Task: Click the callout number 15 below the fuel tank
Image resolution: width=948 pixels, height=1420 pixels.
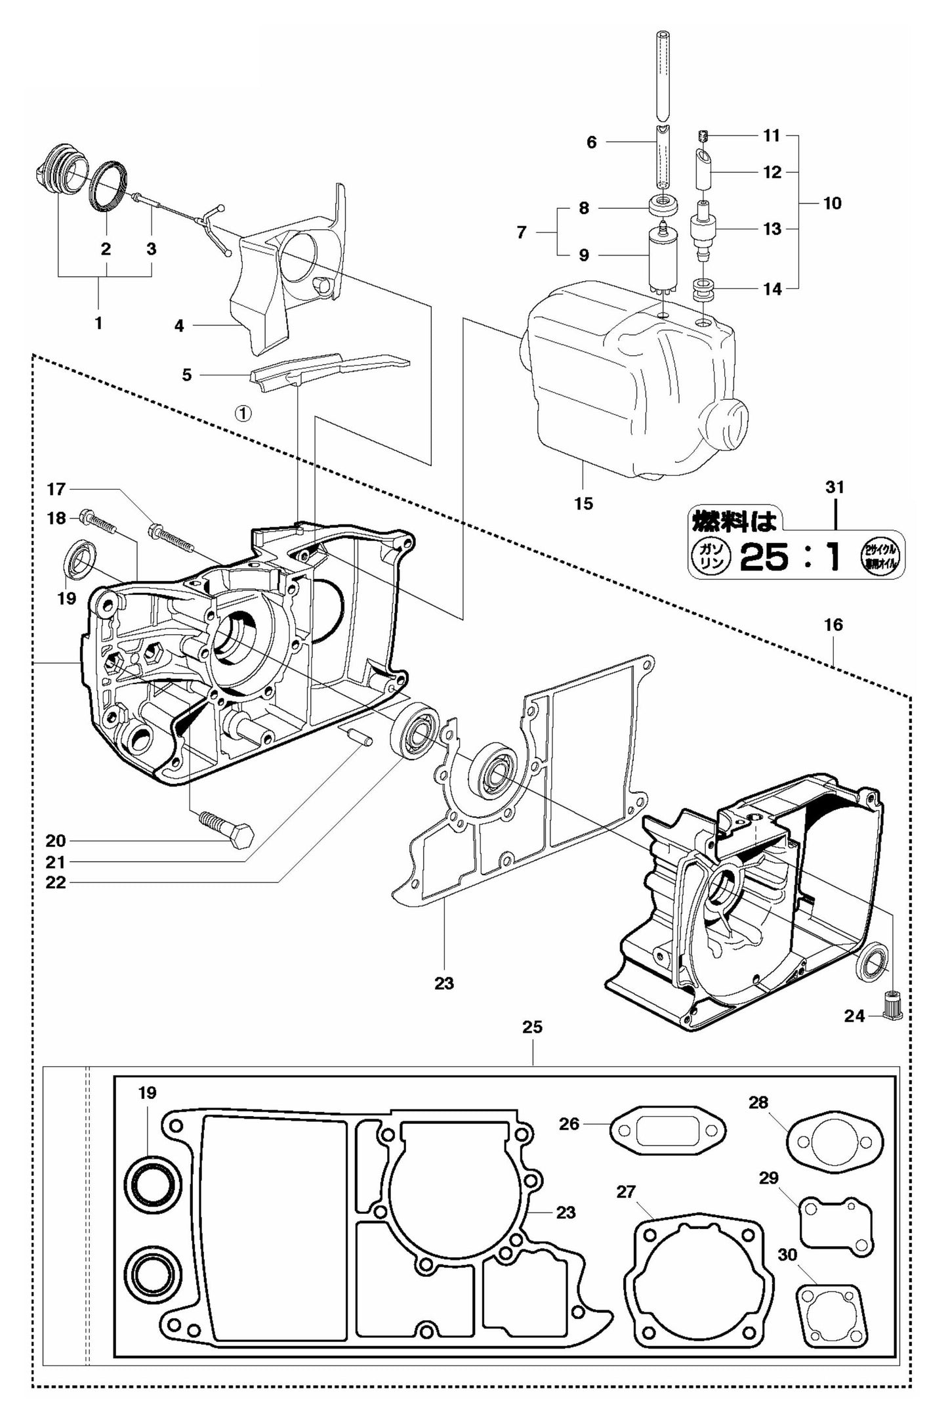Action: tap(583, 504)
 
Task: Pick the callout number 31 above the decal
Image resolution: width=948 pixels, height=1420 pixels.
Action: tap(835, 487)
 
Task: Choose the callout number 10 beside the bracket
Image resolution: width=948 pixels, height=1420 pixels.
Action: tap(831, 203)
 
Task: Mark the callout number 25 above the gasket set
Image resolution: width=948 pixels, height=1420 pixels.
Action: tap(532, 1045)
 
